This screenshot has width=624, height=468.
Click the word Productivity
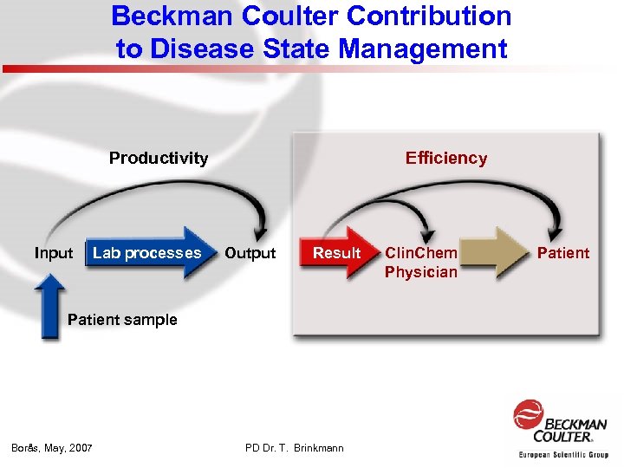159,158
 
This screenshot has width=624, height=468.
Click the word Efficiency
446,158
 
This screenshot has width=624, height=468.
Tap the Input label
54,253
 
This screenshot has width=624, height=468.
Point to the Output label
250,253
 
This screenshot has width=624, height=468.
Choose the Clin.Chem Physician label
421,263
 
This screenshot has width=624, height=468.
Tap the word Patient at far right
563,253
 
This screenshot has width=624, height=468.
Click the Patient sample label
122,320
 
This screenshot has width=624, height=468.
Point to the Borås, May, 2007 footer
52,448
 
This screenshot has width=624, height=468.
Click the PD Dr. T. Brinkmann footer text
295,448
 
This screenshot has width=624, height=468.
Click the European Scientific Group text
563,454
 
